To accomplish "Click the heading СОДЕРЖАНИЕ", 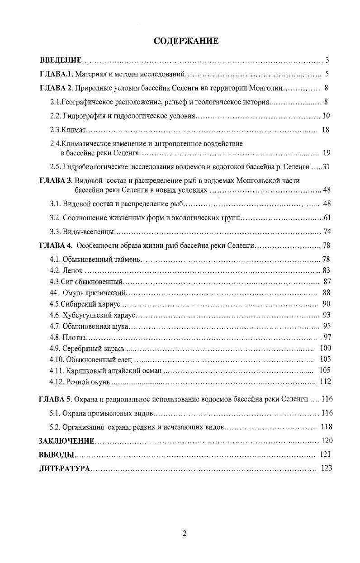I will click(186, 41).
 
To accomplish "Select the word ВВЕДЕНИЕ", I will click(61, 60).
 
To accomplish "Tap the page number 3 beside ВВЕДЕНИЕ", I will click(327, 60).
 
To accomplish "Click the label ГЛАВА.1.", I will click(56, 74).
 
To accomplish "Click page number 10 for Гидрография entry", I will click(326, 116).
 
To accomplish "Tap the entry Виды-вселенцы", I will click(88, 232).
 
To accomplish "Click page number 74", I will click(328, 232).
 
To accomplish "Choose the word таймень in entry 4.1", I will click(128, 260).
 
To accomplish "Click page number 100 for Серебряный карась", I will click(325, 348).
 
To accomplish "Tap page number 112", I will click(325, 382).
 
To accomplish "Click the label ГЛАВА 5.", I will click(56, 399).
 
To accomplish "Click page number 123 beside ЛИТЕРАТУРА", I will click(326, 468).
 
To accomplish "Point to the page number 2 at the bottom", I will click(185, 533).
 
